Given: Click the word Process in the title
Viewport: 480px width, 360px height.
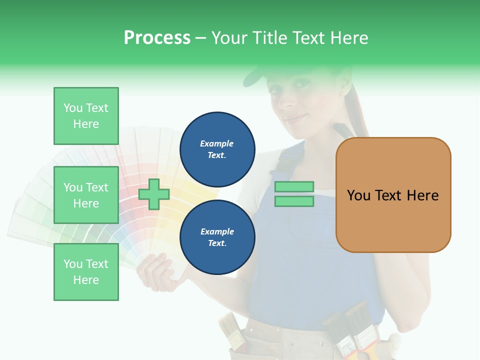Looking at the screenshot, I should [157, 38].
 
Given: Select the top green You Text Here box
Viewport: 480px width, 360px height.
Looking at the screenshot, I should [86, 116].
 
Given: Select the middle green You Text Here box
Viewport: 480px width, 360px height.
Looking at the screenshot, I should [86, 195].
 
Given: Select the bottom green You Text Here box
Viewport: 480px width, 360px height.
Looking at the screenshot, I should [86, 271].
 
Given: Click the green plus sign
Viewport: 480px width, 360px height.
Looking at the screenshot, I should [154, 194].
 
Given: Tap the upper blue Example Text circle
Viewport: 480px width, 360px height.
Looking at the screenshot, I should [217, 149].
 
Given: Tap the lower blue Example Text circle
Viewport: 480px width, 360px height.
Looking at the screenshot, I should [217, 237].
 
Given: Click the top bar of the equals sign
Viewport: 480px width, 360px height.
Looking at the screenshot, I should [294, 187].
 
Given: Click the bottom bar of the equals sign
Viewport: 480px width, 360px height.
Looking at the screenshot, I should [294, 201].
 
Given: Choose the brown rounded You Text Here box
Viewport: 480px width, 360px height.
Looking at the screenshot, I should [393, 195].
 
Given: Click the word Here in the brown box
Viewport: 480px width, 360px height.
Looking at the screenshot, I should [422, 195].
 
